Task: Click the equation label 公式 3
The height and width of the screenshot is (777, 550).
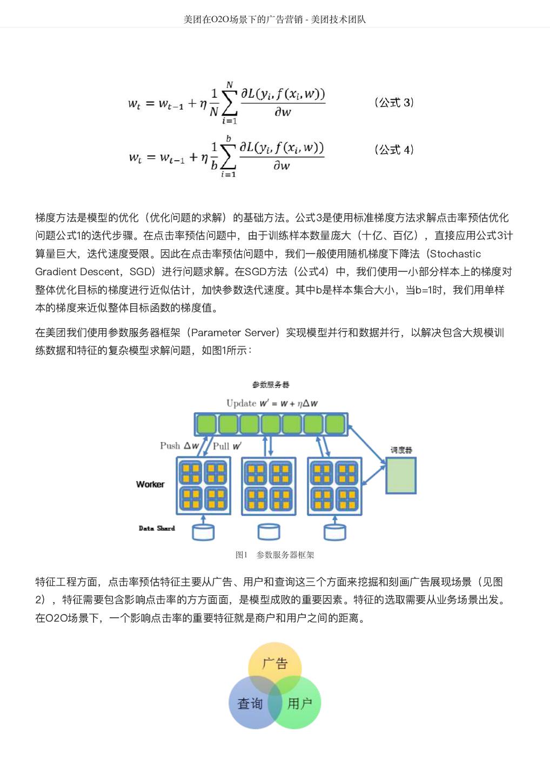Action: [394, 103]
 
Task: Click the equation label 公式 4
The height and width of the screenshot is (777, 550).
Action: [394, 149]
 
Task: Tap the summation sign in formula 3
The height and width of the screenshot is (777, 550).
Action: [229, 103]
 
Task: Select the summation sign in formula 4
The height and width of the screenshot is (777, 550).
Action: [228, 156]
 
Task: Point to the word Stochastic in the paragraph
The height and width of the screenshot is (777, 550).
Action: [455, 254]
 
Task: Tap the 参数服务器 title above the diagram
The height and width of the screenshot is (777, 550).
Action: [271, 385]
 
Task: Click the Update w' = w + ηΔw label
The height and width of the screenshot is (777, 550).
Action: [272, 403]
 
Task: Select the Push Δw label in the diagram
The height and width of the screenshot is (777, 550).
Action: [179, 446]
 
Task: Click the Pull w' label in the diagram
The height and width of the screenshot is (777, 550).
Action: [227, 446]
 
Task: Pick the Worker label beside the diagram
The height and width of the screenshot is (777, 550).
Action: [150, 485]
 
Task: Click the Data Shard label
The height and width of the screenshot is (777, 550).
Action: [157, 528]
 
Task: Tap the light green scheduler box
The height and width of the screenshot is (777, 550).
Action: [401, 475]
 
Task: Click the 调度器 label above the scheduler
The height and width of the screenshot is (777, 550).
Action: [401, 450]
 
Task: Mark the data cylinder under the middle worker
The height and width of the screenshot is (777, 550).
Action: [269, 532]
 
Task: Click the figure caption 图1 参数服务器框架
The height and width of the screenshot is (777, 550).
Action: [274, 555]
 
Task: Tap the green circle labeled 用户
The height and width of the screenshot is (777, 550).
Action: [300, 704]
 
